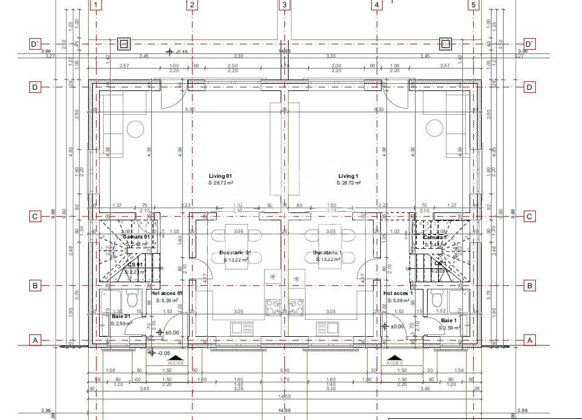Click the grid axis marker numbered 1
coord(96,5)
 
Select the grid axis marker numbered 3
coord(284,5)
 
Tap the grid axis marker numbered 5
coord(474,5)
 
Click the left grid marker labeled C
coord(35,217)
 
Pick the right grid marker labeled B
coord(530,286)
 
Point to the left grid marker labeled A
coord(35,340)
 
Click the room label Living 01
coord(221,176)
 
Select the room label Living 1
coord(349,176)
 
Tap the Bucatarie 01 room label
coord(235,252)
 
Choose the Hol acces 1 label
coord(399,293)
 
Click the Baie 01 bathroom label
coord(121,316)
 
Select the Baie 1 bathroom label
coord(448,320)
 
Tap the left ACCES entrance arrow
coord(176,358)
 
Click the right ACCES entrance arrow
coord(395,358)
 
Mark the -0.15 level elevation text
coord(182,52)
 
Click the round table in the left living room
coord(135,128)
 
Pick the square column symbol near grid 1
coord(124,44)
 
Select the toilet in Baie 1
coord(435,298)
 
